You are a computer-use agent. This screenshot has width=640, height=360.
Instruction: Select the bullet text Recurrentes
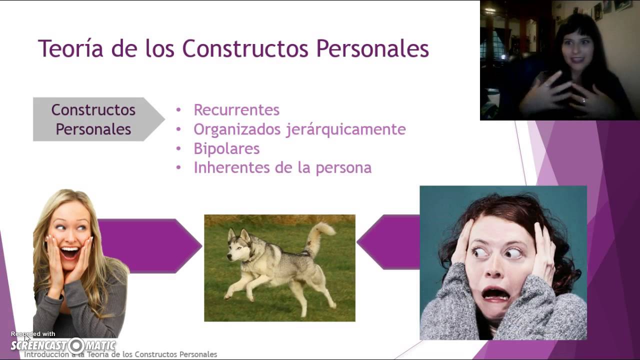point(236,110)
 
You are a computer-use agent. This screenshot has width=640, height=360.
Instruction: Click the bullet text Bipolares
point(226,148)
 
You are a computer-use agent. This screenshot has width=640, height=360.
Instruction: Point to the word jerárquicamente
point(345,129)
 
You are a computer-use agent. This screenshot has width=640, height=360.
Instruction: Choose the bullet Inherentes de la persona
point(282,167)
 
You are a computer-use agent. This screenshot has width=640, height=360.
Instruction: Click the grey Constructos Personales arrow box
point(93,119)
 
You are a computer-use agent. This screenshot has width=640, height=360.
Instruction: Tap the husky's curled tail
point(320,235)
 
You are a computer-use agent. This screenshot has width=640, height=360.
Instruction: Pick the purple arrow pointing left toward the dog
point(390,242)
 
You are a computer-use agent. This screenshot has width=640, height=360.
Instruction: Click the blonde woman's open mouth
point(70,252)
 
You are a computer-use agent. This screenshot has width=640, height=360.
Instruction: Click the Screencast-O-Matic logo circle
point(76,345)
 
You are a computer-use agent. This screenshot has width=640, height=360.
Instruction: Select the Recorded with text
point(33,334)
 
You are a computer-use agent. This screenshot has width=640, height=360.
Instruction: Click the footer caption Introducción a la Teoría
point(120,354)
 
